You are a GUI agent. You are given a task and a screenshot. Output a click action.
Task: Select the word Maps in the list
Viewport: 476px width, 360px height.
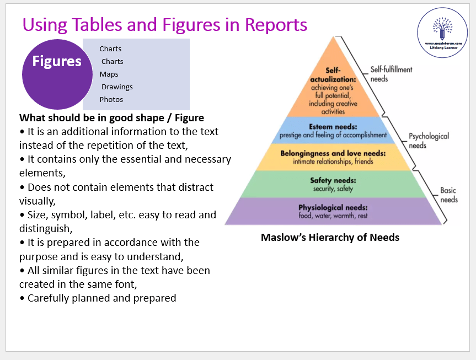pos(109,74)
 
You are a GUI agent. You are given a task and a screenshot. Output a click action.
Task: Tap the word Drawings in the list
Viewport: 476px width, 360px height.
pos(117,87)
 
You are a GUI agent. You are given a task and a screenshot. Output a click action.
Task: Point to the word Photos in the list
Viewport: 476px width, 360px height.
pos(111,100)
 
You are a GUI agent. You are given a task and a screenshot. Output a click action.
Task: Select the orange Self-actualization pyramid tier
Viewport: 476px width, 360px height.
pos(333,88)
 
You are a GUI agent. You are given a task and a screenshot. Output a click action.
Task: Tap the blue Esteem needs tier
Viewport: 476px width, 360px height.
pos(333,131)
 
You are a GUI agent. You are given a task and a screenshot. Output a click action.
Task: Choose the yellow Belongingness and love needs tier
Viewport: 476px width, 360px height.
pos(333,157)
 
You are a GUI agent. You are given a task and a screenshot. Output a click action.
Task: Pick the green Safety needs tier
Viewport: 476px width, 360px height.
pos(333,184)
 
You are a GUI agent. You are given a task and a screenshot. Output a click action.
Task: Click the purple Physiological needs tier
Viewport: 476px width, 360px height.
pos(333,211)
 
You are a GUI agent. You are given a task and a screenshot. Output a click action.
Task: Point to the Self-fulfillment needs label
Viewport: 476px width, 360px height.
pos(391,74)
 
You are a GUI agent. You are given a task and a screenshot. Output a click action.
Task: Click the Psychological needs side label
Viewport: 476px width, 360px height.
pos(428,141)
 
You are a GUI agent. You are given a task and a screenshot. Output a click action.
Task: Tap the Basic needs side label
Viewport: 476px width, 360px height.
pos(448,195)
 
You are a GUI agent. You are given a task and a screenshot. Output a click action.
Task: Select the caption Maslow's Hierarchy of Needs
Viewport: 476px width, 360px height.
pos(330,238)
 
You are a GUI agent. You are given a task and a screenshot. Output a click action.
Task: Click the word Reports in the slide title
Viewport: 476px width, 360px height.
pos(275,25)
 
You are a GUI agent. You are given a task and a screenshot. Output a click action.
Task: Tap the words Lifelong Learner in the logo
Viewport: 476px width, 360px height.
pos(442,48)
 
